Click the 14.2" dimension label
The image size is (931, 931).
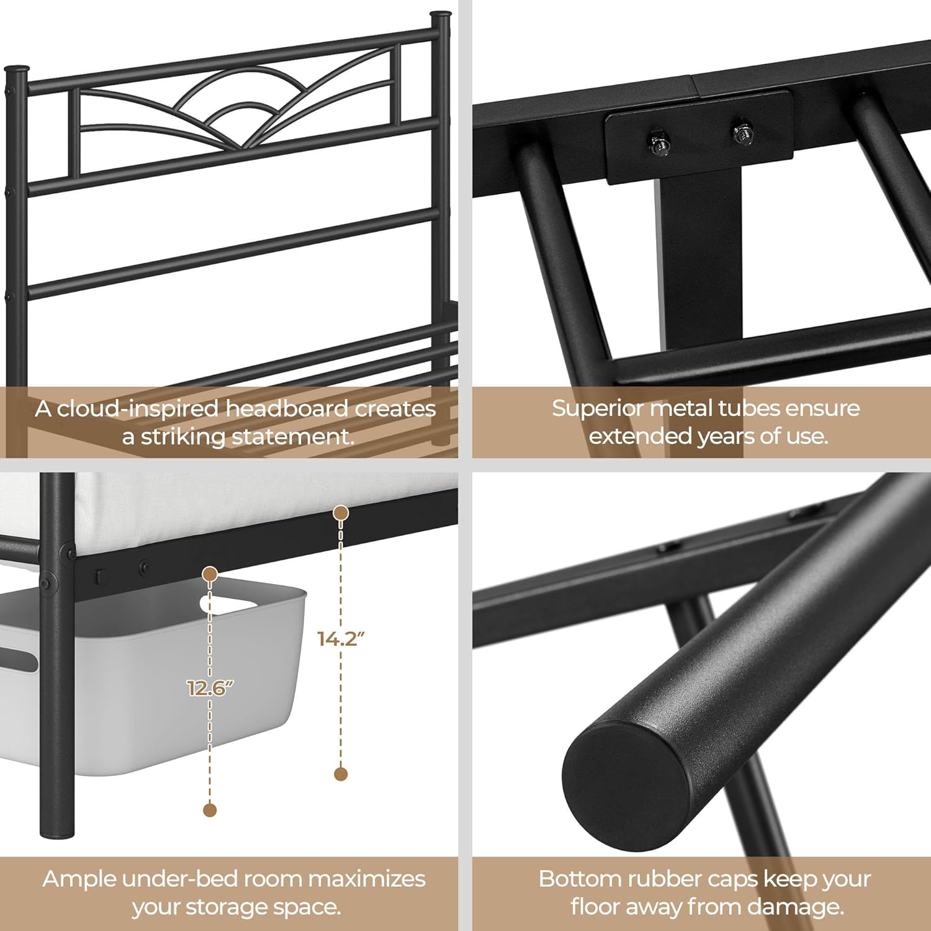pyautogui.click(x=341, y=639)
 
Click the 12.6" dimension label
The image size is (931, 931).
pyautogui.click(x=210, y=688)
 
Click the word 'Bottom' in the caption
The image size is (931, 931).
pyautogui.click(x=579, y=879)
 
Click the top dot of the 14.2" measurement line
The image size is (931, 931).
pyautogui.click(x=340, y=513)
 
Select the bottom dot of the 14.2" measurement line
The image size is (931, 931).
pyautogui.click(x=340, y=774)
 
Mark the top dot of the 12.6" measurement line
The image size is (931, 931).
pyautogui.click(x=210, y=574)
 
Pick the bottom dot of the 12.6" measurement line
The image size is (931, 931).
pyautogui.click(x=210, y=809)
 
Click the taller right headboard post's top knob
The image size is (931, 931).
pyautogui.click(x=441, y=14)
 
